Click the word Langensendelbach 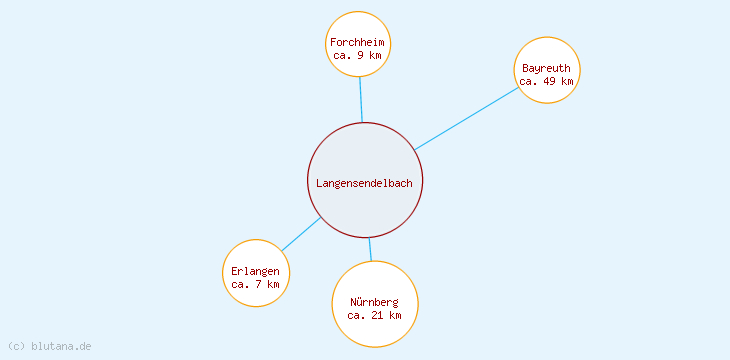(x=364, y=183)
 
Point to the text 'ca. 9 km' (x=357, y=56)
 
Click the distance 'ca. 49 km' (x=546, y=81)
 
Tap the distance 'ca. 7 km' (x=256, y=284)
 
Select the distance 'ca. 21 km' (x=374, y=315)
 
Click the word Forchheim (x=358, y=43)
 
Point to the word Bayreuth (x=546, y=68)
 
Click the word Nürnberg (x=374, y=302)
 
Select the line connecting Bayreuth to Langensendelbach (x=466, y=119)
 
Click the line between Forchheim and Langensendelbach (x=360, y=100)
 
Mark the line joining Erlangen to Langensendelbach (x=301, y=234)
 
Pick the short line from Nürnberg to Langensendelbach (x=370, y=249)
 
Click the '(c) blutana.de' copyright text (x=49, y=346)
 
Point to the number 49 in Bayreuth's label (x=549, y=81)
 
